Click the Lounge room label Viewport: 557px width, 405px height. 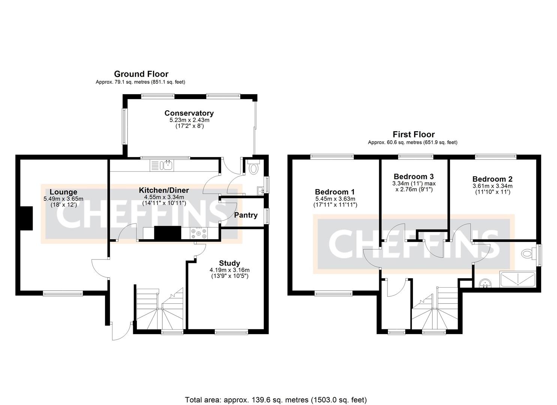(x=63, y=192)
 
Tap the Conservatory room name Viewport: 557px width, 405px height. (x=189, y=113)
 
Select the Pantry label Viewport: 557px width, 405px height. (x=246, y=215)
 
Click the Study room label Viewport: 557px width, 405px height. (x=230, y=263)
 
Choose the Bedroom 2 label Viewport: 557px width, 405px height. (x=492, y=179)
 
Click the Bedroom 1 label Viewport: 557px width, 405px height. (x=335, y=192)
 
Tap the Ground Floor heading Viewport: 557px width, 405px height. (x=141, y=74)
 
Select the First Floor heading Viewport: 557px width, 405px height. (x=413, y=134)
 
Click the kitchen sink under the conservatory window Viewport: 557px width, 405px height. (x=167, y=165)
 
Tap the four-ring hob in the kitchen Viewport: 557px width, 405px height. (x=199, y=233)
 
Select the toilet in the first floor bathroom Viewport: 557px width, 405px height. (x=528, y=253)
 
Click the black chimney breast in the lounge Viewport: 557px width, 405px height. (x=26, y=218)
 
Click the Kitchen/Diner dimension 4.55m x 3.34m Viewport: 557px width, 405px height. (x=164, y=197)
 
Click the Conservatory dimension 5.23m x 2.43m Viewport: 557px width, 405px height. (x=189, y=120)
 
